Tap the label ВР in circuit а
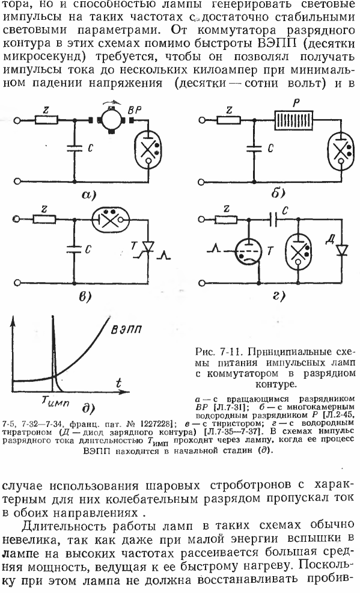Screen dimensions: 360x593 (135, 111)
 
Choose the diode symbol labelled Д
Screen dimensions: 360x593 (342, 250)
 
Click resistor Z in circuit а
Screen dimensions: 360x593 (46, 120)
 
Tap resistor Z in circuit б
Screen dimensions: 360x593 (229, 120)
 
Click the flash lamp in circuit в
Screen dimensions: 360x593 (111, 219)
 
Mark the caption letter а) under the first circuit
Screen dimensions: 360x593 (88, 195)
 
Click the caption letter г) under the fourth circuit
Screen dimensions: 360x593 (278, 296)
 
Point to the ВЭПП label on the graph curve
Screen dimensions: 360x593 (126, 330)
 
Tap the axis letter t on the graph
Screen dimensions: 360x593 (119, 383)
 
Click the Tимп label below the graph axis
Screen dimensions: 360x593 (55, 402)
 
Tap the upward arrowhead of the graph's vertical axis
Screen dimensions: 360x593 (14, 321)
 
